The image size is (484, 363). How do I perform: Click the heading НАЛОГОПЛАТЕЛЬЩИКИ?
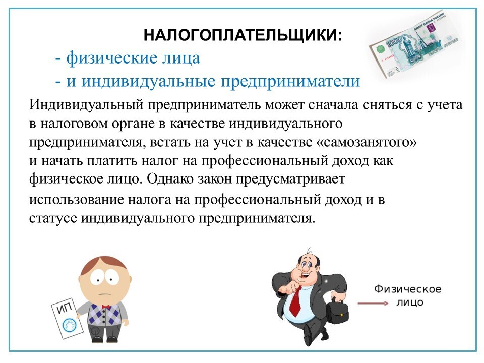point(243,35)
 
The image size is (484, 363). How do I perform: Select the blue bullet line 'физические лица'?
point(128,58)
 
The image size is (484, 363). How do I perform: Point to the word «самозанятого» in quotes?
point(367,142)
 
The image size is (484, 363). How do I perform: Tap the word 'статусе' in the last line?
point(53,218)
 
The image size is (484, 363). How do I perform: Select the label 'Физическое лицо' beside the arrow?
point(408,295)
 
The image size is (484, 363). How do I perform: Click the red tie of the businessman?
point(295,301)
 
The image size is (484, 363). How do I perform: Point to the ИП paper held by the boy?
point(67,318)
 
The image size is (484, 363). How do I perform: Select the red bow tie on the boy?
point(106,307)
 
